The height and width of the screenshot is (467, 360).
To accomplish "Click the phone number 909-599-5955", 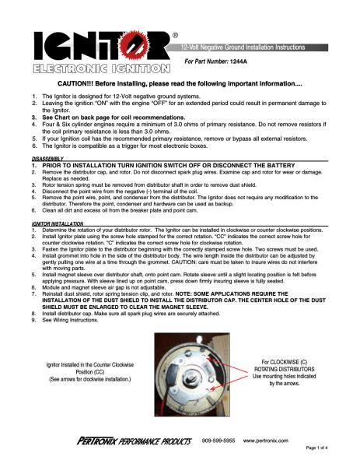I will (x=218, y=441).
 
